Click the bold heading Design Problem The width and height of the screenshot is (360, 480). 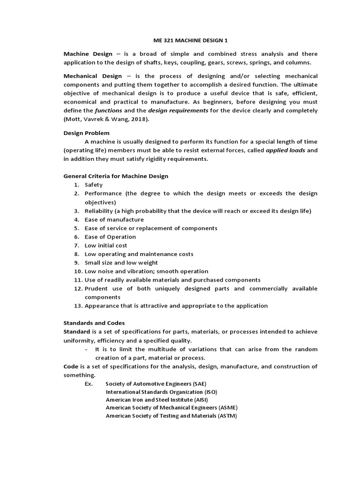click(x=86, y=133)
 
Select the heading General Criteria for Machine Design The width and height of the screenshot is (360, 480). click(x=116, y=176)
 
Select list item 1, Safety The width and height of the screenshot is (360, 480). click(x=93, y=185)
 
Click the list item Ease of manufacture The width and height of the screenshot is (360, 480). click(x=114, y=219)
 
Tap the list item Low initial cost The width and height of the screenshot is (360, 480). click(x=105, y=245)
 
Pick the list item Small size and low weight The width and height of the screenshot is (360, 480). click(x=121, y=262)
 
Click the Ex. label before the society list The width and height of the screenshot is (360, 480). click(x=89, y=383)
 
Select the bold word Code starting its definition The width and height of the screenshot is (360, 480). click(x=71, y=366)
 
